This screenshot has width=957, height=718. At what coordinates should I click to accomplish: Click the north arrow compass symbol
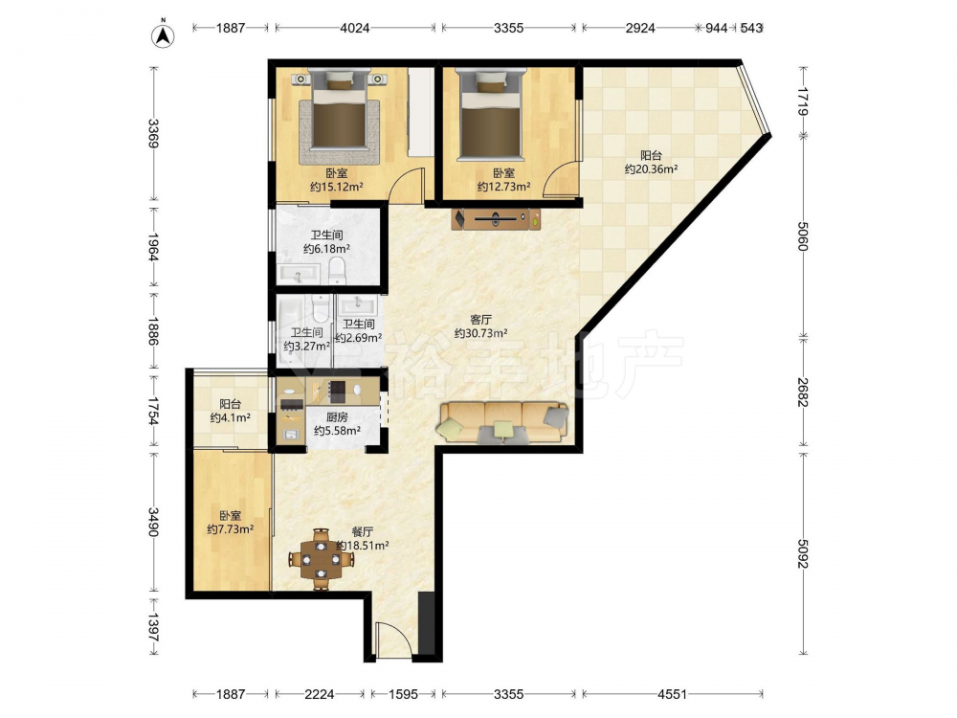tap(163, 34)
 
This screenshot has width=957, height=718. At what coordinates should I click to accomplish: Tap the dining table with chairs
tap(321, 559)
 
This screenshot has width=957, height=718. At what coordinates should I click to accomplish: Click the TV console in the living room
tap(496, 218)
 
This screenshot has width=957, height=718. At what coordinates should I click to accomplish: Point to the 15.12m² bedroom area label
tap(337, 187)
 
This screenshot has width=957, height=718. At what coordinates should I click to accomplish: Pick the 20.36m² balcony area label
tap(651, 169)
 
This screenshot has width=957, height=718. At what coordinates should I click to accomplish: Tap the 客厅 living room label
tap(481, 320)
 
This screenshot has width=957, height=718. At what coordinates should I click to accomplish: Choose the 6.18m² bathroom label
tap(326, 249)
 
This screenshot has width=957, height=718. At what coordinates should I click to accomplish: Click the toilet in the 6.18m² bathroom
tap(337, 270)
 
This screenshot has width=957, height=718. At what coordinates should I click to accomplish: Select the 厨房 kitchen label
tap(337, 417)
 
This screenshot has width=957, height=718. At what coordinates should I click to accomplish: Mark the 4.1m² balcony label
tap(230, 417)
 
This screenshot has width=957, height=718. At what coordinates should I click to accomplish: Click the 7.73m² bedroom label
tap(230, 529)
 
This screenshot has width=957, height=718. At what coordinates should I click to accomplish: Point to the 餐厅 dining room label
tap(363, 531)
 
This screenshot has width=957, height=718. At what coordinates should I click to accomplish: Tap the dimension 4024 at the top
tap(355, 28)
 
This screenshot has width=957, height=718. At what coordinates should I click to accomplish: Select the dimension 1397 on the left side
tap(153, 626)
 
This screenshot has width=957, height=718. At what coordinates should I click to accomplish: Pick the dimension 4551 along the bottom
tap(672, 694)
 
